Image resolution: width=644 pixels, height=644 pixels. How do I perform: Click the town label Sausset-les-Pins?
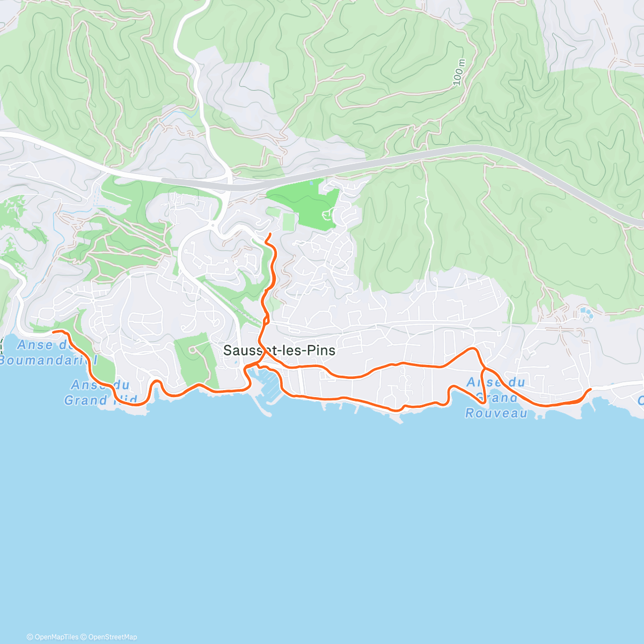tap(279, 350)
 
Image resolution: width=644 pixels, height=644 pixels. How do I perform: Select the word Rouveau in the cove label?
tap(496, 413)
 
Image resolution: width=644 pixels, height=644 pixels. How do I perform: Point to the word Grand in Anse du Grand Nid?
tap(85, 400)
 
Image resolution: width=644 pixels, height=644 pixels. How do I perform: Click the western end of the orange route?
tap(53, 332)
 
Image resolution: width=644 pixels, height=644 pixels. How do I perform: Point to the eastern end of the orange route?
tap(591, 389)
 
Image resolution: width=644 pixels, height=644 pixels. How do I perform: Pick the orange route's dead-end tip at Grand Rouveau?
tap(485, 402)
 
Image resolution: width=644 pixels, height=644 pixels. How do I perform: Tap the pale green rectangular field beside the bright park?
tap(289, 221)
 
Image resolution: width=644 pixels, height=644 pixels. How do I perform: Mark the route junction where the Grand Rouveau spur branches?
tap(483, 369)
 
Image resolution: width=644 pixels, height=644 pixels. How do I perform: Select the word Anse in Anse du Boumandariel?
tap(35, 345)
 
